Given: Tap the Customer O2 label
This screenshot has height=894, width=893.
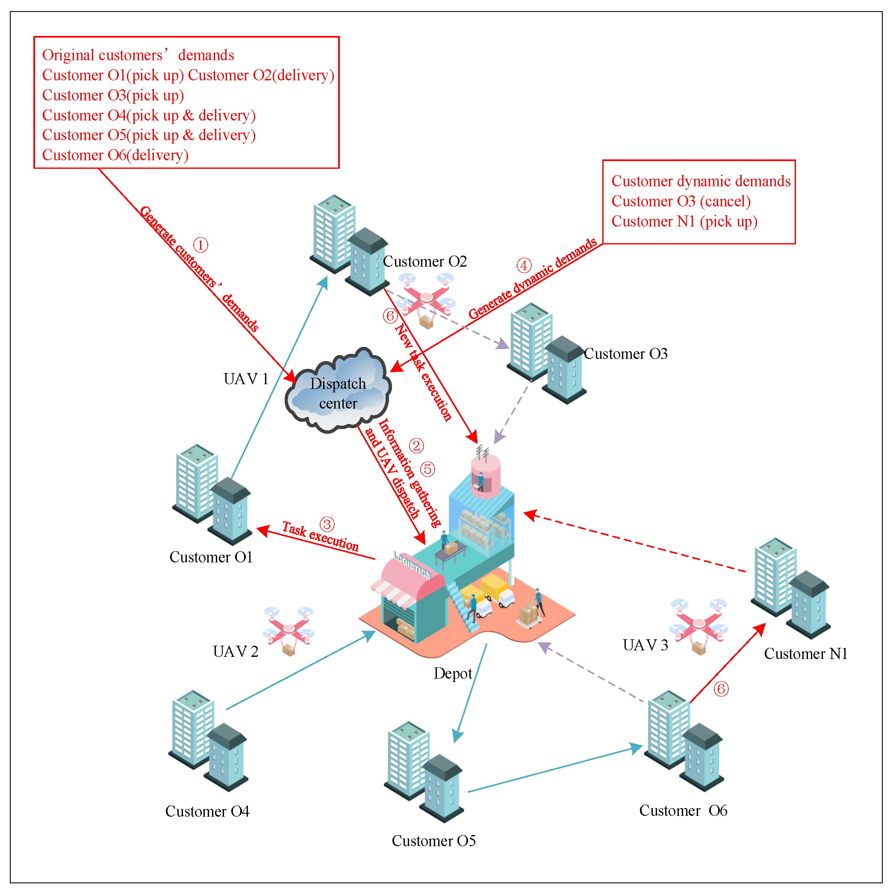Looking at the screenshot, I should coord(424,262).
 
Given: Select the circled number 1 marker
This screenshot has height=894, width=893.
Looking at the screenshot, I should coord(200,245).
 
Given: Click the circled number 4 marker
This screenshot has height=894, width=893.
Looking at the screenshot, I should coord(524,266).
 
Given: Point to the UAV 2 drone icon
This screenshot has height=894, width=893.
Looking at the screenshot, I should coord(289,630).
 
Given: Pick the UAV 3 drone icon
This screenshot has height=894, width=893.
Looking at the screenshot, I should coord(698,625).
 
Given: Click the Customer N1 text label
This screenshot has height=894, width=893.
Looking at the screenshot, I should coord(805,653).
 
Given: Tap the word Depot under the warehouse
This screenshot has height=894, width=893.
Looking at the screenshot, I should coord(452,673).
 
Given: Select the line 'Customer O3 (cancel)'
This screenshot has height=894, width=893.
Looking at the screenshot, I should coord(681,201).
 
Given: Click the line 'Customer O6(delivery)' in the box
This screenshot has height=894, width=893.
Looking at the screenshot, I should coord(115,155).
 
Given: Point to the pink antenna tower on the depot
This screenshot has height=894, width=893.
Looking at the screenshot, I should coord(485,474).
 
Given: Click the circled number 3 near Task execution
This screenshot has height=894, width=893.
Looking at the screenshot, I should coord(327,524).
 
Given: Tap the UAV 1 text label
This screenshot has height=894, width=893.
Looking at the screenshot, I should coord(246,379).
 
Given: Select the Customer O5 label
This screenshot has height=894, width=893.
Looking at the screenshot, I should coord(433,841).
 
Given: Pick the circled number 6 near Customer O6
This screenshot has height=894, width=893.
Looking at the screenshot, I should coord(721,689).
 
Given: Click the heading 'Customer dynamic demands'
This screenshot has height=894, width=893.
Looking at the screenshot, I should coord(700,181).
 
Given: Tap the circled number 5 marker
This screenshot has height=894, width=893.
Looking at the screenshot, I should coord(427,469).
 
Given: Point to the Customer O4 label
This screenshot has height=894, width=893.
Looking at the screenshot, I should coord(207,811).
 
